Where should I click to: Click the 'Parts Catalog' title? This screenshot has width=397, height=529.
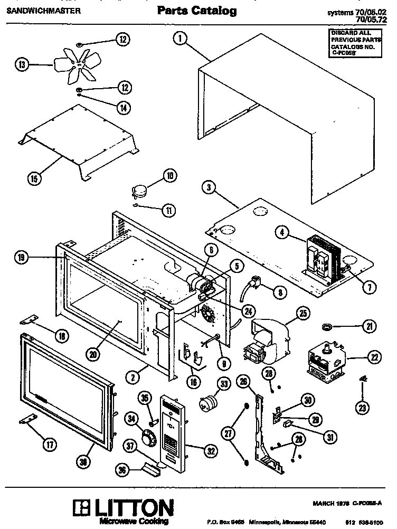coord(197,11)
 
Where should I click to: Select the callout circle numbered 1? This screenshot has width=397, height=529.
coord(179,37)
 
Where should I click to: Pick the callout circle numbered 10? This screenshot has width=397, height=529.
coord(169,176)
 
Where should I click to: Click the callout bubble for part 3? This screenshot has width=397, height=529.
coord(210,187)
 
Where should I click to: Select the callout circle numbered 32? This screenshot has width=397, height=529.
coord(211,450)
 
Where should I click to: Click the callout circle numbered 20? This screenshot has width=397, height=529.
coord(93,355)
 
